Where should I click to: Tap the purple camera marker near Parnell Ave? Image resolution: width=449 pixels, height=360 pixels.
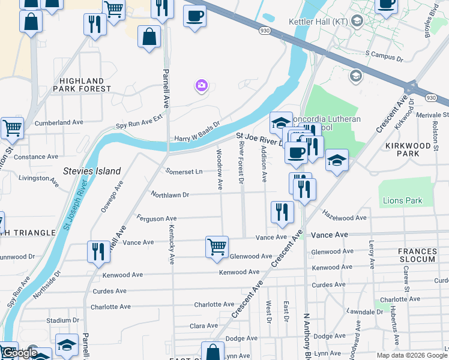(x=201, y=86)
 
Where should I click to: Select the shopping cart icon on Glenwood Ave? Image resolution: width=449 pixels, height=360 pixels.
(x=217, y=246)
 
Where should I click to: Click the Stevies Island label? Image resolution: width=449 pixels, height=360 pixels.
(x=92, y=171)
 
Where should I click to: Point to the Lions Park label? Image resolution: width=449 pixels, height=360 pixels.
(x=402, y=201)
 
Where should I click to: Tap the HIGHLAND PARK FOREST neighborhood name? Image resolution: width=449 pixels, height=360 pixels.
(x=82, y=85)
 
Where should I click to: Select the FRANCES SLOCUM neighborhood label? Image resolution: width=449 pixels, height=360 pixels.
(x=417, y=255)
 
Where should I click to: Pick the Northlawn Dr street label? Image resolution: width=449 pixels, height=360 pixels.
(x=170, y=195)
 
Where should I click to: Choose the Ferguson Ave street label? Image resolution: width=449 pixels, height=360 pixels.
(x=157, y=218)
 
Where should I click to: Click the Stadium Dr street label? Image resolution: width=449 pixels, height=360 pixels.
(x=62, y=320)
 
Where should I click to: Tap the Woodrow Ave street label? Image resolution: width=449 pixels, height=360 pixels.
(x=219, y=170)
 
